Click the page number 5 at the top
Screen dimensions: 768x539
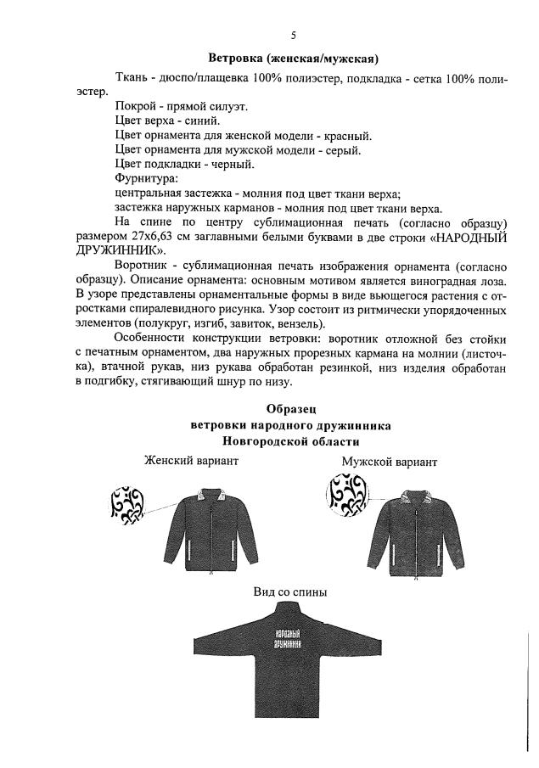coord(294,35)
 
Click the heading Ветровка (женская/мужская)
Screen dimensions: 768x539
coord(294,59)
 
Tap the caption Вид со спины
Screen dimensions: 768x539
coord(291,592)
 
